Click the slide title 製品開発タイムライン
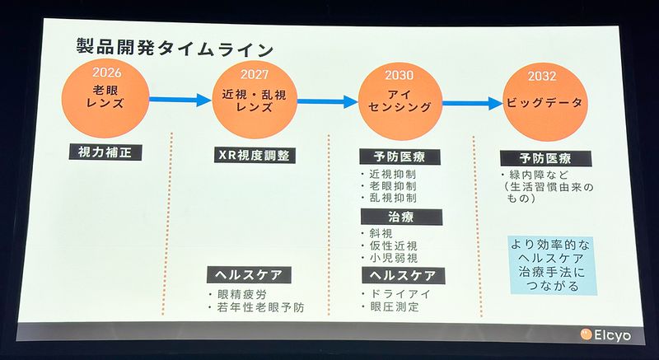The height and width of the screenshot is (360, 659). (x=175, y=48)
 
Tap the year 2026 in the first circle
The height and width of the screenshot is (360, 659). (x=106, y=72)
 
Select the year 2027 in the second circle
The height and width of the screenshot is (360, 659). (x=255, y=75)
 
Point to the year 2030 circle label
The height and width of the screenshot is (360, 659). (x=400, y=75)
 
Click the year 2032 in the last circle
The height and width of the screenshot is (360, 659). (x=542, y=76)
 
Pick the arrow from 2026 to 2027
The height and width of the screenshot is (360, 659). (x=180, y=100)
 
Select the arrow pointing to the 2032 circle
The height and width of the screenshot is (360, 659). (x=472, y=103)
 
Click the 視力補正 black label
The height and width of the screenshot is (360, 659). (x=105, y=152)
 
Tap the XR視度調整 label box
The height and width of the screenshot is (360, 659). (x=255, y=156)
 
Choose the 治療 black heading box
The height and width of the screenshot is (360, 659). (x=401, y=217)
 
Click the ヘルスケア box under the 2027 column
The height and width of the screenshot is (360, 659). (x=249, y=275)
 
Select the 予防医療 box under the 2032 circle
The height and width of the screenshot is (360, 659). (x=545, y=159)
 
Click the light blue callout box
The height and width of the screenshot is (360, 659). (x=554, y=265)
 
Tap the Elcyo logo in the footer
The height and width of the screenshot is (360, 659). (x=605, y=334)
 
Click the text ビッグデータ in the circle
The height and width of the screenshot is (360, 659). (x=544, y=103)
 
